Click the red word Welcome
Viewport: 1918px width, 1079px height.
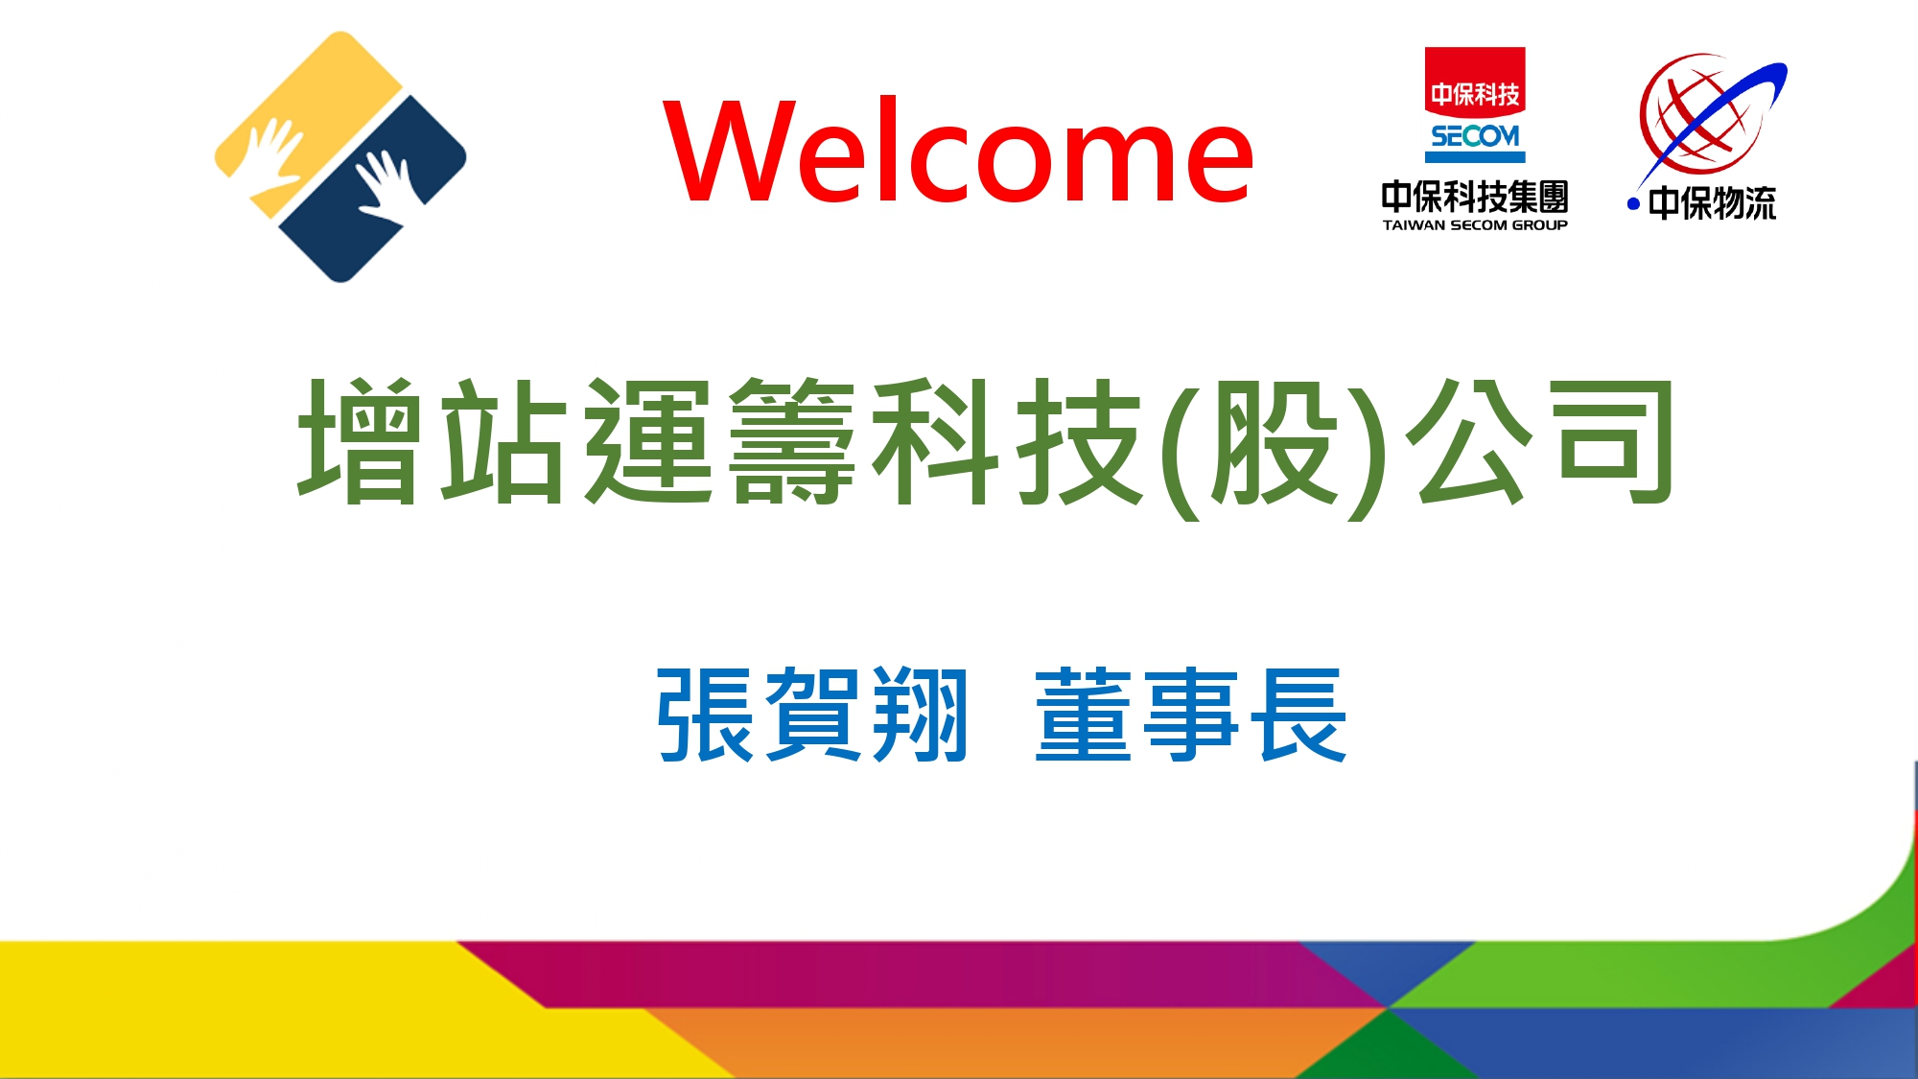point(959,152)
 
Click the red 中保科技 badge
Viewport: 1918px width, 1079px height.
point(1475,82)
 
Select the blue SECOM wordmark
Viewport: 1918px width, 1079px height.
point(1475,136)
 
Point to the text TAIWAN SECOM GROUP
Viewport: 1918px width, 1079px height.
point(1475,225)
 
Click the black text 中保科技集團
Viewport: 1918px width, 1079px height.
point(1475,197)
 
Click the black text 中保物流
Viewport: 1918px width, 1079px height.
point(1712,203)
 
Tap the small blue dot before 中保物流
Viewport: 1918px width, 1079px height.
point(1633,204)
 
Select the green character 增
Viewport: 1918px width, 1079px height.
point(360,440)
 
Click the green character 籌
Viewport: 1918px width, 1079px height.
point(791,440)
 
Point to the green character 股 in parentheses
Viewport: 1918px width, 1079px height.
point(1274,442)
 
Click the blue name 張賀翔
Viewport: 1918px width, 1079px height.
point(811,715)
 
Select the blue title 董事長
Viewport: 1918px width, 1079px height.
point(1191,715)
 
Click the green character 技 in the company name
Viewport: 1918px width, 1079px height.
point(1079,440)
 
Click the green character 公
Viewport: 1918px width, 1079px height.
point(1470,440)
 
